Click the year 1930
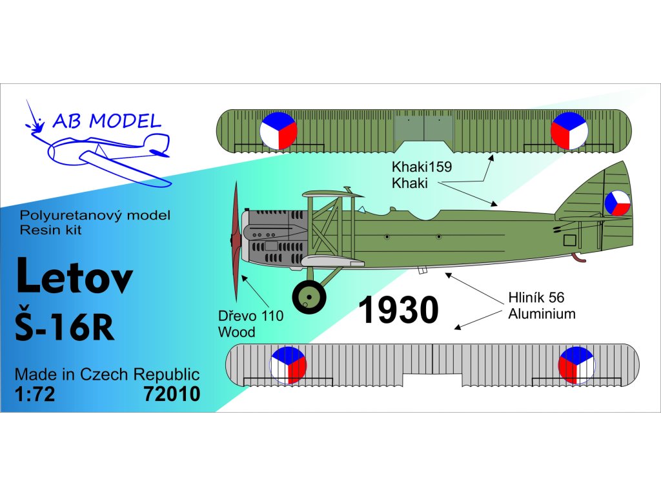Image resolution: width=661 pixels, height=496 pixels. [x=398, y=311]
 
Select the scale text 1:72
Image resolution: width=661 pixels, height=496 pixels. [x=35, y=393]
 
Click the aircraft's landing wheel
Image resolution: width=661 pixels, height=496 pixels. [x=309, y=296]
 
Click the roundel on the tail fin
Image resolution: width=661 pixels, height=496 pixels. [x=616, y=203]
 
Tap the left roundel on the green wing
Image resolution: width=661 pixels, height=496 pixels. [x=278, y=131]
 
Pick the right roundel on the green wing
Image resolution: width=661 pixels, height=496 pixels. [x=569, y=130]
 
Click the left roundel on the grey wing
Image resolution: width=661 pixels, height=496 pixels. [x=288, y=365]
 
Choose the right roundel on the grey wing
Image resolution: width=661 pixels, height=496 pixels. [x=576, y=365]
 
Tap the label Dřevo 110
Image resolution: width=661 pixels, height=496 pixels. [x=251, y=318]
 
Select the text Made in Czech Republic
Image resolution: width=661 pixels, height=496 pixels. [x=107, y=375]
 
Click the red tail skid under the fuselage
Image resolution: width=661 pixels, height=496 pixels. [x=580, y=259]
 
